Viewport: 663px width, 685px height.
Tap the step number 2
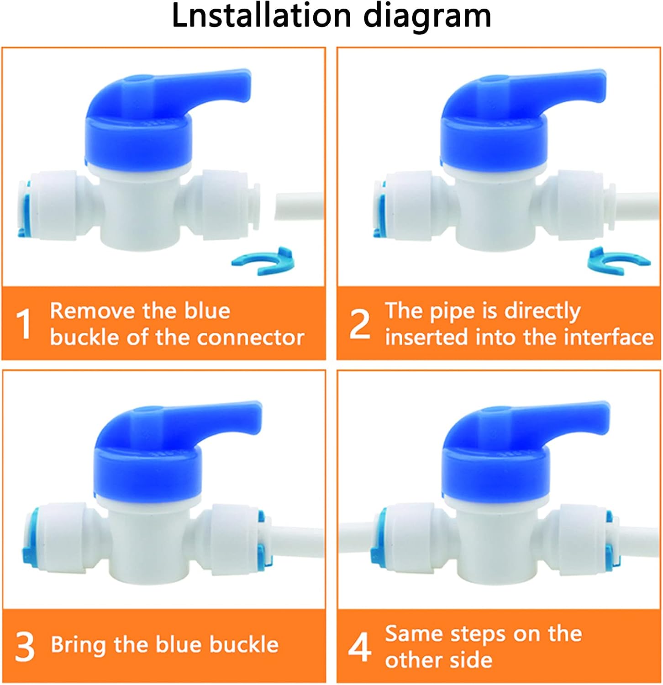tap(359, 324)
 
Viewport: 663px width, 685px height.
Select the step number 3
tap(25, 646)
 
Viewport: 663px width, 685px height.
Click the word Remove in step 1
tap(92, 311)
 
